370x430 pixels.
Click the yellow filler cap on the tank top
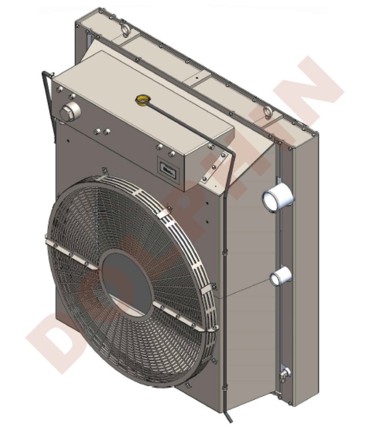tap(142, 100)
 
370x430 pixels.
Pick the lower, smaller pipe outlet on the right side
tap(279, 277)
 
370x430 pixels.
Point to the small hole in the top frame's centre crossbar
tap(196, 78)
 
